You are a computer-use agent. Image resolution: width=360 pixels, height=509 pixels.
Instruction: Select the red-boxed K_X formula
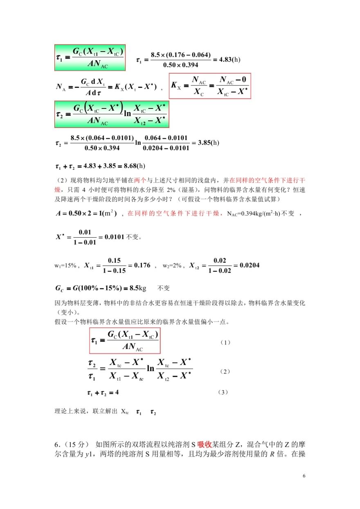(x=209, y=86)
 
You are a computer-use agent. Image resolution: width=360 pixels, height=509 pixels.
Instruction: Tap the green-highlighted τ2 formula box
(x=110, y=115)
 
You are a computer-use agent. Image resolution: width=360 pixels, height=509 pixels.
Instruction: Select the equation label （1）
(x=225, y=342)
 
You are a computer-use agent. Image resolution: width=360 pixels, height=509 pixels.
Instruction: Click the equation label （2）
(x=225, y=372)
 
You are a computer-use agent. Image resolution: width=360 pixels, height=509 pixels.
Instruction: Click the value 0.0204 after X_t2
(x=247, y=265)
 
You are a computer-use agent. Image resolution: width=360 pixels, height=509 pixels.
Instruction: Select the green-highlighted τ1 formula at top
(x=90, y=57)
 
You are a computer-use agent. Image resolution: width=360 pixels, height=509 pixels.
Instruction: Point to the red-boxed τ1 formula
(x=124, y=341)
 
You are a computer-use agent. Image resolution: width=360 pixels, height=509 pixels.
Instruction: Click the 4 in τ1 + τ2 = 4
(x=117, y=392)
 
